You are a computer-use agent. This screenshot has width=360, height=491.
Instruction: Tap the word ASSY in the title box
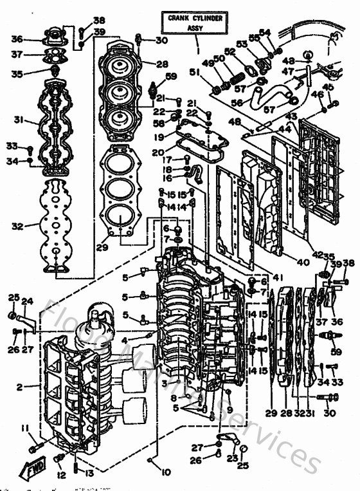point(194,28)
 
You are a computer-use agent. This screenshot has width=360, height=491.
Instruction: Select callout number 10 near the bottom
point(166,472)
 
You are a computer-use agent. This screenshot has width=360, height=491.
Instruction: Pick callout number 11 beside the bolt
point(24,429)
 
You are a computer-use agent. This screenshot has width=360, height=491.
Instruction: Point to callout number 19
point(158,136)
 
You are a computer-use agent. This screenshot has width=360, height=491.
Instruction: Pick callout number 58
point(158,122)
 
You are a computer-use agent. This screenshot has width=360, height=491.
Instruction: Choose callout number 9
point(230,410)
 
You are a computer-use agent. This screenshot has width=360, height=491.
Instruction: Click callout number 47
point(289,71)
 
